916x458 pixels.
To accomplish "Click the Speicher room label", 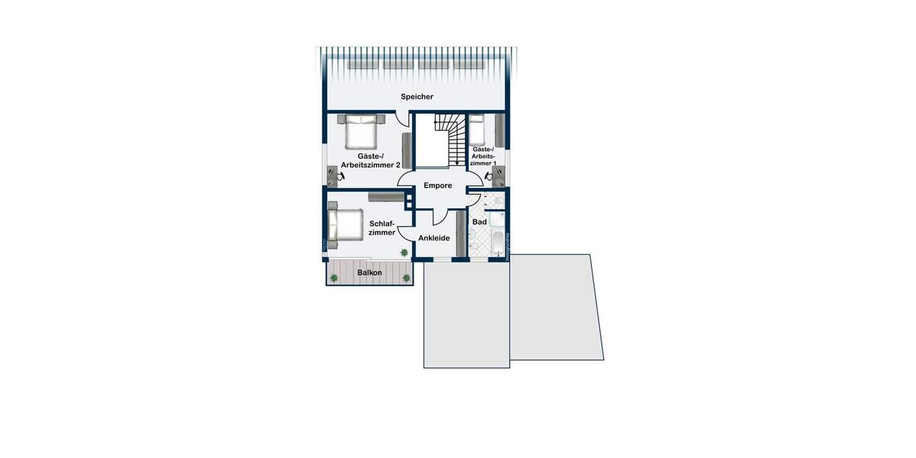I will (x=417, y=97).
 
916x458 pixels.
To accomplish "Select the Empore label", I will (x=438, y=185).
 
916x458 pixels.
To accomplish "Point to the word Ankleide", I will (x=434, y=238).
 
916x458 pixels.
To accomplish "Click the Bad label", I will (x=479, y=222).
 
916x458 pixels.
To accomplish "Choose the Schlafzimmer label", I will (x=382, y=228).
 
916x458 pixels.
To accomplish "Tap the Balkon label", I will (x=369, y=273).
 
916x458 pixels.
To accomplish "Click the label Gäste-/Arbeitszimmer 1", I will (x=483, y=156).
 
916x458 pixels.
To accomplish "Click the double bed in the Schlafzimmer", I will (x=344, y=225).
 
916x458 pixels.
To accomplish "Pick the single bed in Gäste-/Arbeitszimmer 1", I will (x=477, y=131).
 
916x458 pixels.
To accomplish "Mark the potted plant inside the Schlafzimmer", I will (x=404, y=252).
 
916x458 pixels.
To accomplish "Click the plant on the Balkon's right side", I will (x=406, y=278).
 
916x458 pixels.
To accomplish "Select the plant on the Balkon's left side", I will (x=334, y=278).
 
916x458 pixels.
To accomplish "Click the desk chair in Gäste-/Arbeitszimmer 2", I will (x=339, y=176).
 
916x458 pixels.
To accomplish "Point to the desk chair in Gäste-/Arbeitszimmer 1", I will (x=489, y=176).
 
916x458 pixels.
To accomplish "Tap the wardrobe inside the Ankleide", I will (x=461, y=233).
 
